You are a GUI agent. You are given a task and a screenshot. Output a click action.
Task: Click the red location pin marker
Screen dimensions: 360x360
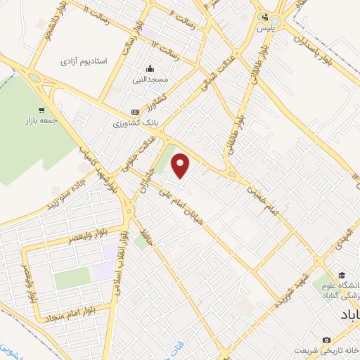click(181, 165)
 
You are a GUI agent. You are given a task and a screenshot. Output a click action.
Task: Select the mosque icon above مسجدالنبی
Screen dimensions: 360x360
click(150, 68)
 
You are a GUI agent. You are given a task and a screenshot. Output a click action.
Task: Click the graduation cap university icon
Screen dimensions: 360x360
click(341, 275)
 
